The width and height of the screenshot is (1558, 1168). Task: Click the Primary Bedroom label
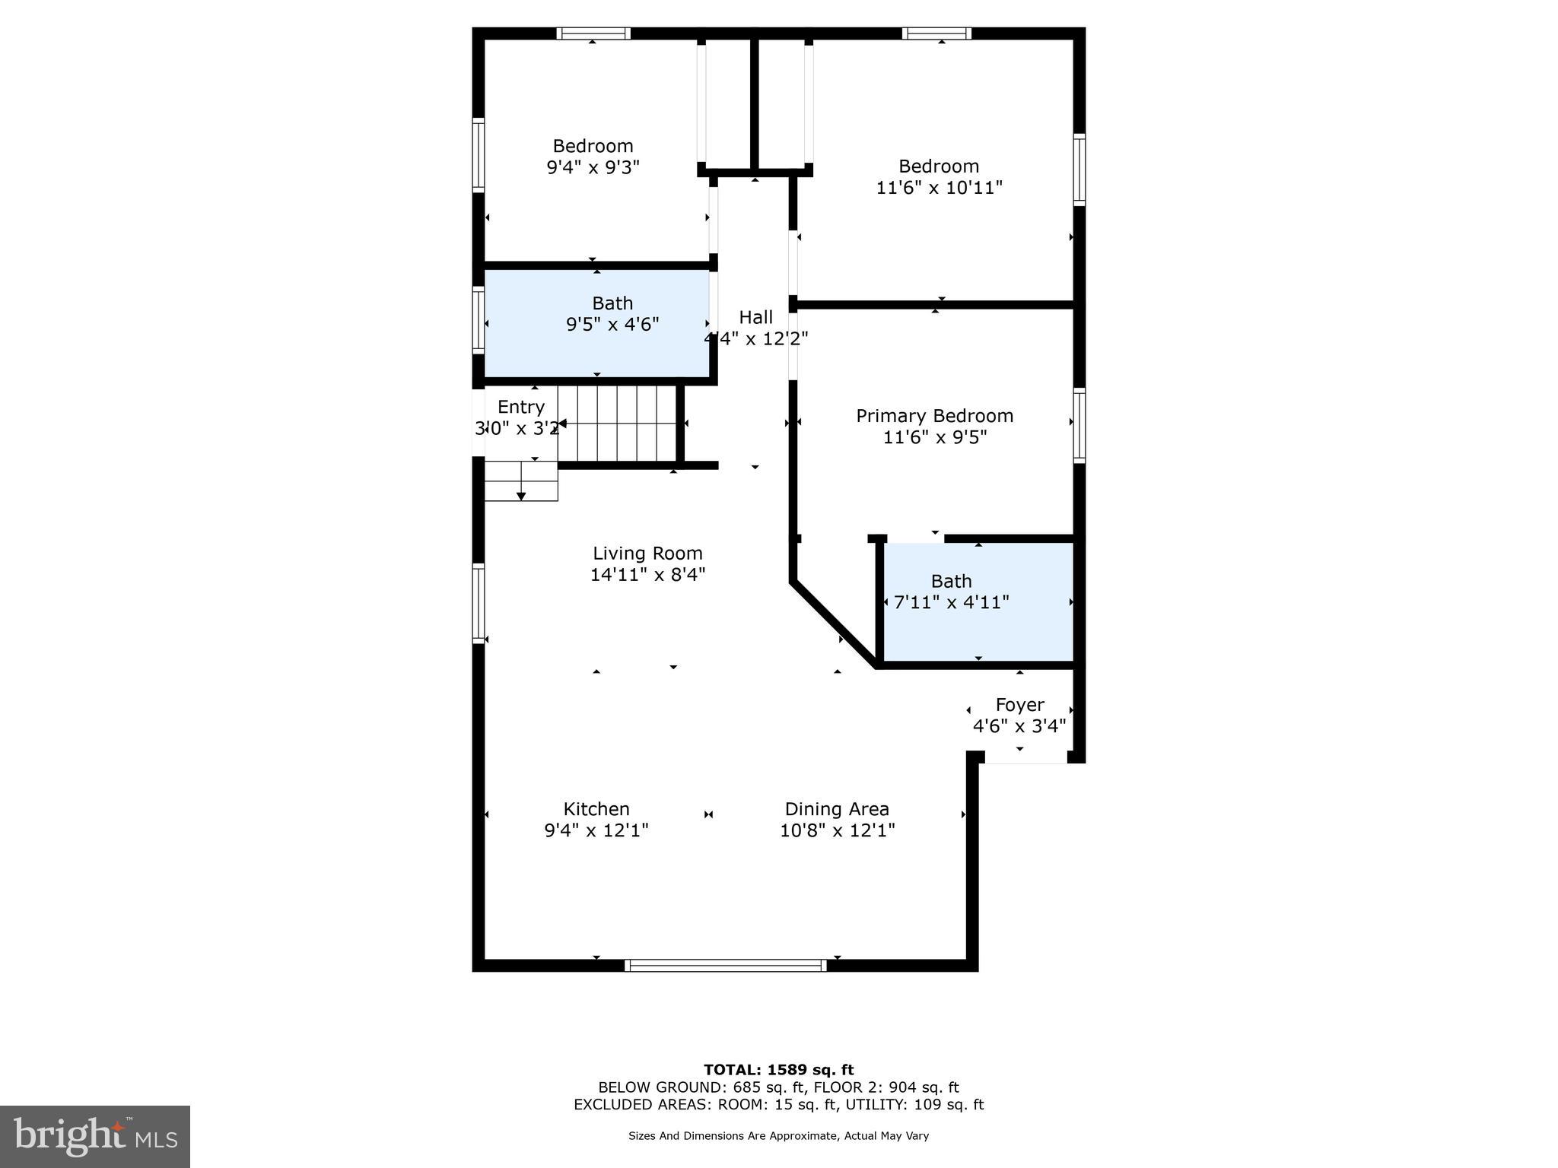point(934,416)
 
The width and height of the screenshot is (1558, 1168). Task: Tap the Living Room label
point(647,554)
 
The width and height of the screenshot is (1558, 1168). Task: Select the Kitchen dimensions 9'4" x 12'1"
point(596,830)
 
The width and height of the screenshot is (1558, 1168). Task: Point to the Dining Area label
point(837,809)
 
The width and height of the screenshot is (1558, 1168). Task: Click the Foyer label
point(1019,705)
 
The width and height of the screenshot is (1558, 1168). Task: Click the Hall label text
point(755,318)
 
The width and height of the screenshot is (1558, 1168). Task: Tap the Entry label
point(521,407)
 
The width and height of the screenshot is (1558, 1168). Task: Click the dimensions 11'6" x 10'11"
point(939,188)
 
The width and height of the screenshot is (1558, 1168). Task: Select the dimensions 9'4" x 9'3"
point(593,167)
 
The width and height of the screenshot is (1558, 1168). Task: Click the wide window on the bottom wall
point(725,966)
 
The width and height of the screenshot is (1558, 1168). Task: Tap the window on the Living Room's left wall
point(479,603)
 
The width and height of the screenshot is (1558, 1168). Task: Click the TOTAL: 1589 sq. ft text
point(778,1071)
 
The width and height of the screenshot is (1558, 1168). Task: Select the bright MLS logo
point(95,1137)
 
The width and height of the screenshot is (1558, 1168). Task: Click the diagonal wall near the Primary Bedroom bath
point(834,624)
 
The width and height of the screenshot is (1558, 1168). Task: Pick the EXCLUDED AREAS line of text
point(778,1105)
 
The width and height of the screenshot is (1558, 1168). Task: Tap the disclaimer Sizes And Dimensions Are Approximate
point(778,1136)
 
